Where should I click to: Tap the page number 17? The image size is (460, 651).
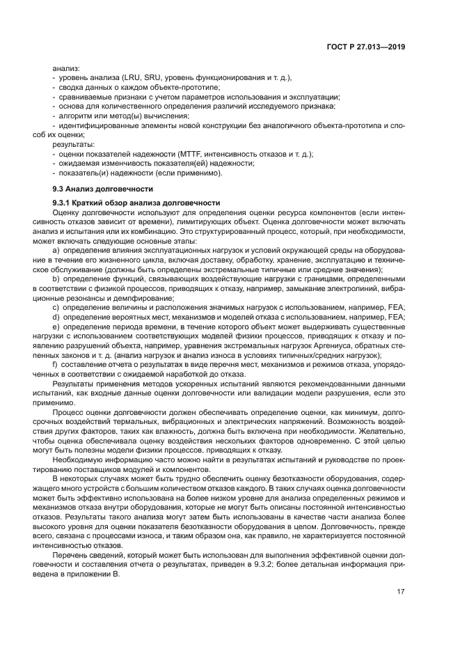pos(401,591)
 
